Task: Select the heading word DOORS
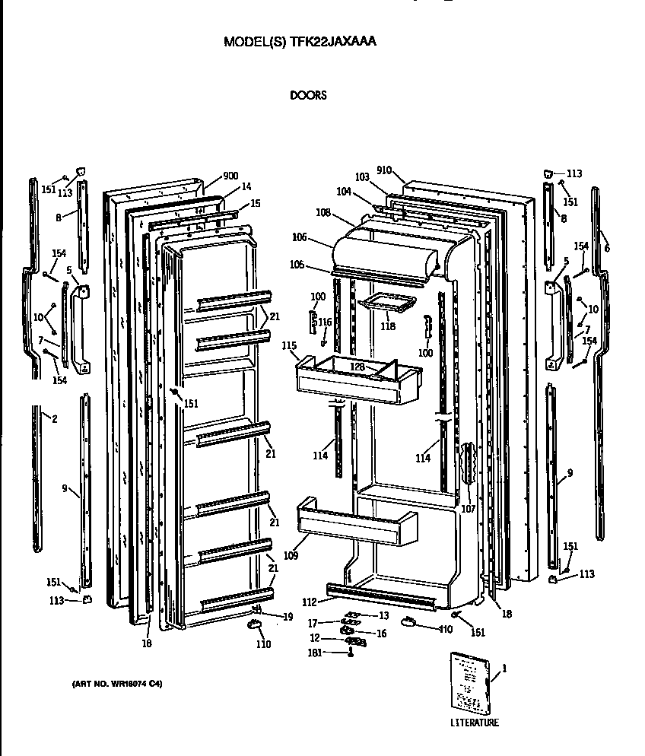click(308, 96)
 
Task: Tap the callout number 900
click(230, 176)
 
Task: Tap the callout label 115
click(288, 346)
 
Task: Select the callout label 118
click(388, 326)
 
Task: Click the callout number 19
click(288, 616)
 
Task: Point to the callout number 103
click(361, 177)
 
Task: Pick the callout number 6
click(606, 249)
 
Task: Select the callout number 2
click(54, 418)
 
